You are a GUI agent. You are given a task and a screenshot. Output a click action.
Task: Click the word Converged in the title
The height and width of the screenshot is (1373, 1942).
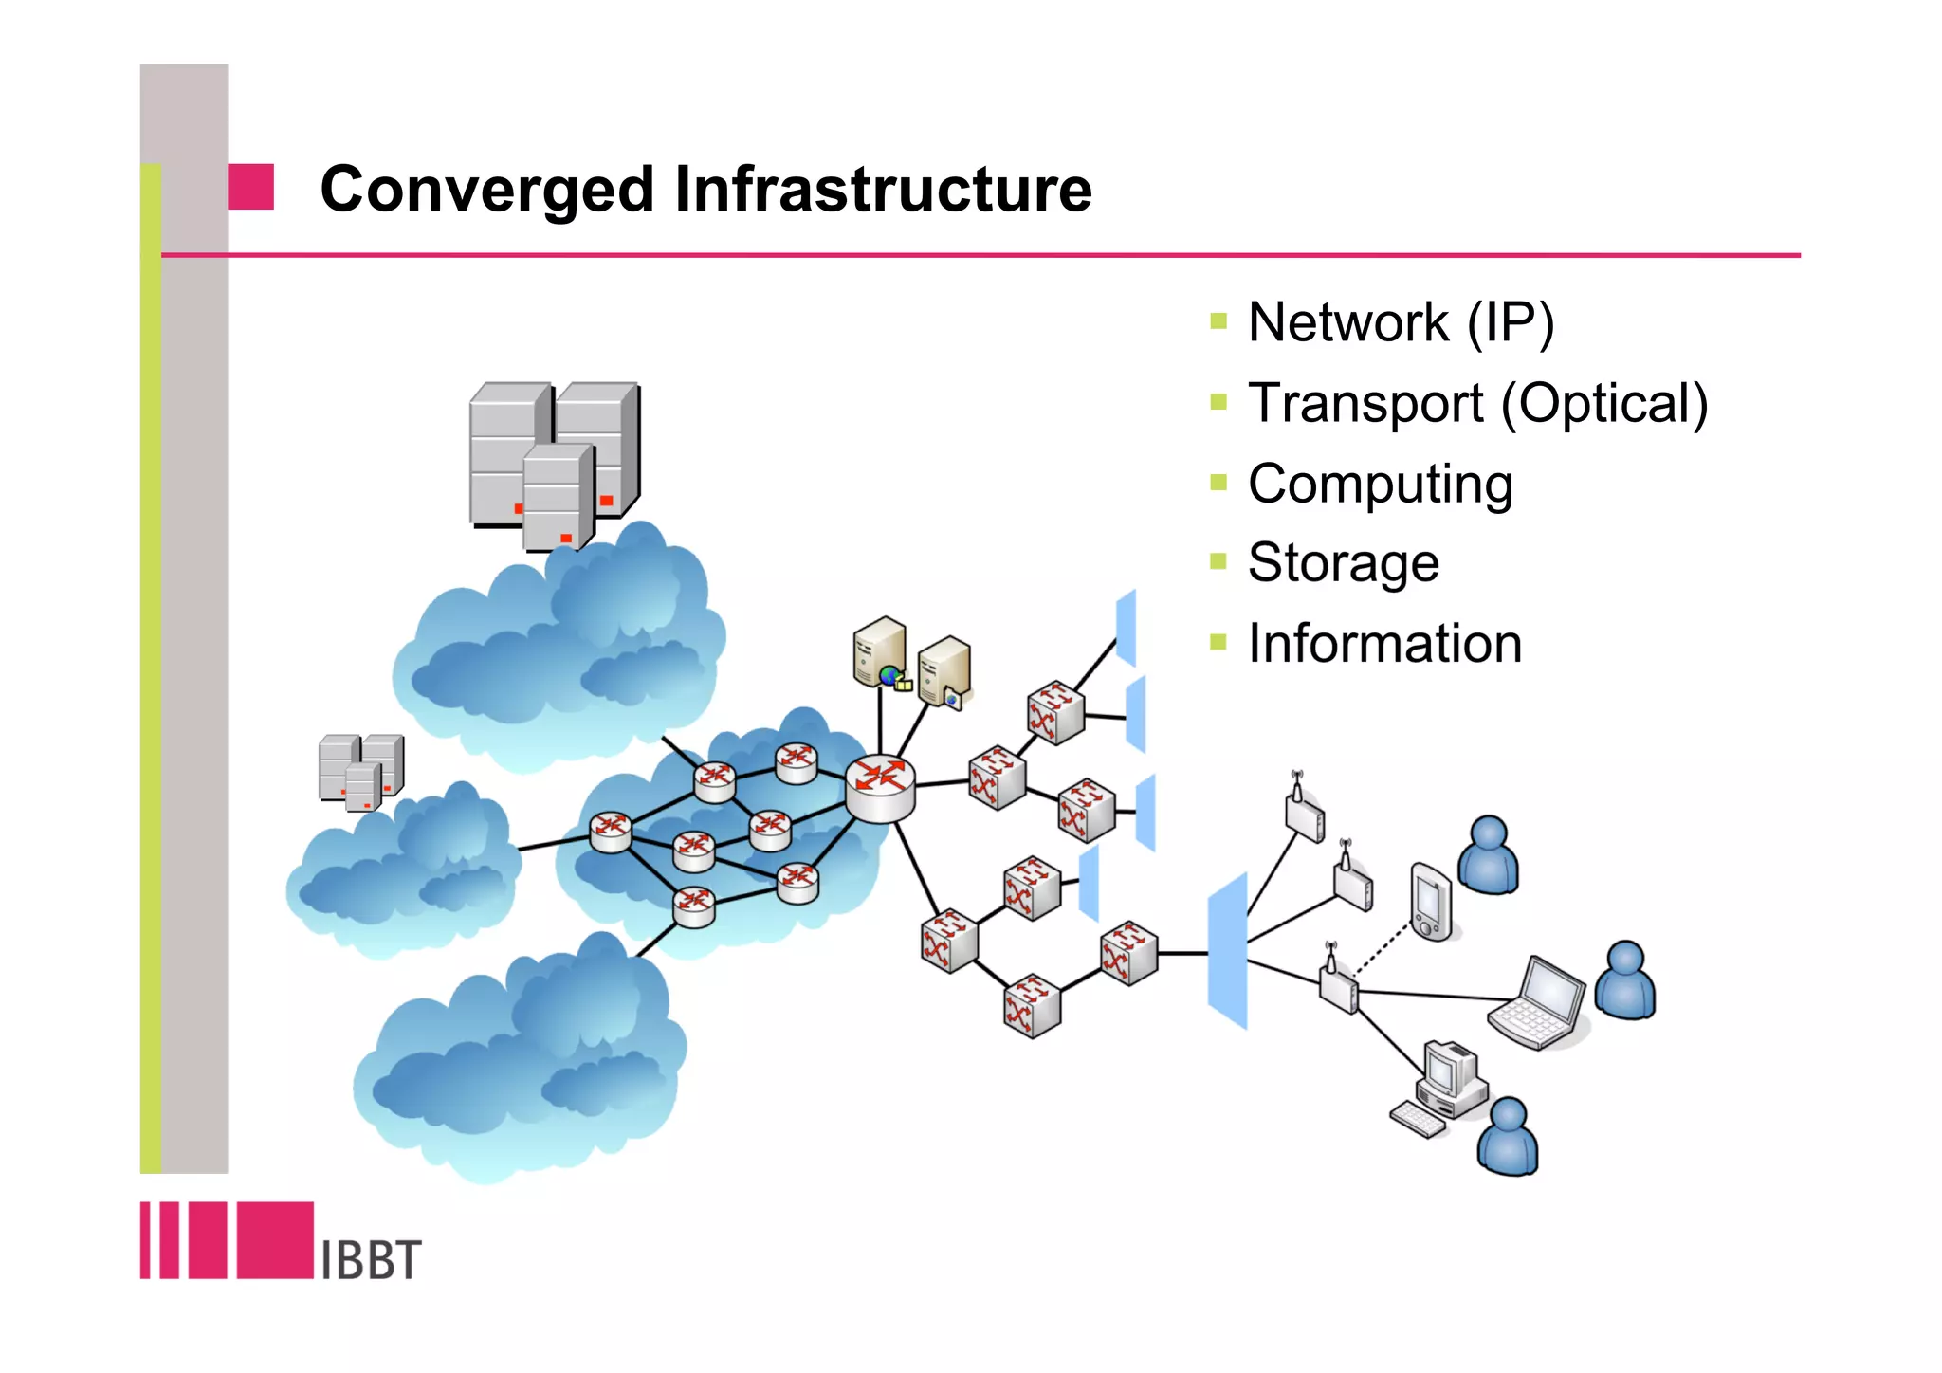[x=486, y=190]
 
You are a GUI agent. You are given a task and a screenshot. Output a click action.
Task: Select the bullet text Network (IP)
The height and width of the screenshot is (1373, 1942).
[x=1401, y=322]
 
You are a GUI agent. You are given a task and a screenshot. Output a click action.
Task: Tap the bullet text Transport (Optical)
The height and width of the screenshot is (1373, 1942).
[x=1477, y=403]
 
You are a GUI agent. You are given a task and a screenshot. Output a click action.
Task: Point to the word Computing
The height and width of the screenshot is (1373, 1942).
[x=1380, y=485]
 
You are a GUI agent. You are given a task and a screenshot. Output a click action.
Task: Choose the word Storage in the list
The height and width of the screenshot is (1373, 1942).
[x=1343, y=563]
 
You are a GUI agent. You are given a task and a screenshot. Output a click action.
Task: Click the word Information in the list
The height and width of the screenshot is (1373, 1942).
[x=1384, y=644]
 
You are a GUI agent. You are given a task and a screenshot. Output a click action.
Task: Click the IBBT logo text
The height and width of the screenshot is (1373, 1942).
[x=371, y=1259]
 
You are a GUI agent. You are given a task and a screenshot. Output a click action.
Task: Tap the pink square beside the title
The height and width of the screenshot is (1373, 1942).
[x=251, y=187]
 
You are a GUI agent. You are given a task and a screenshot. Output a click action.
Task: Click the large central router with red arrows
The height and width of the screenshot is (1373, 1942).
[x=880, y=787]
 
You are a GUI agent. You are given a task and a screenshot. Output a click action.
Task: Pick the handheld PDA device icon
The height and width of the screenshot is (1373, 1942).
[x=1430, y=902]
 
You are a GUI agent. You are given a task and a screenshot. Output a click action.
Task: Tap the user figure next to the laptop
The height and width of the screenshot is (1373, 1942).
[x=1624, y=981]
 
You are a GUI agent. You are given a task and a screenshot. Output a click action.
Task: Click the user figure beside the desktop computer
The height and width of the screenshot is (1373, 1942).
[x=1507, y=1137]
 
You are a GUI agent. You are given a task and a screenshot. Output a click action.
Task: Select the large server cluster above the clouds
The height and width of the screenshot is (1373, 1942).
[x=554, y=465]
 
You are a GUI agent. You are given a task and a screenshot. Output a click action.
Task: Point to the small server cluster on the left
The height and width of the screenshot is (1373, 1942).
[x=360, y=771]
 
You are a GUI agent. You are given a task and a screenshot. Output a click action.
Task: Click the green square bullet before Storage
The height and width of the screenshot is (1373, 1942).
[x=1218, y=561]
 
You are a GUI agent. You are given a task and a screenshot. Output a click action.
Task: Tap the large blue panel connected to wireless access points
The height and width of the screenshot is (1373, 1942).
[x=1227, y=950]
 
